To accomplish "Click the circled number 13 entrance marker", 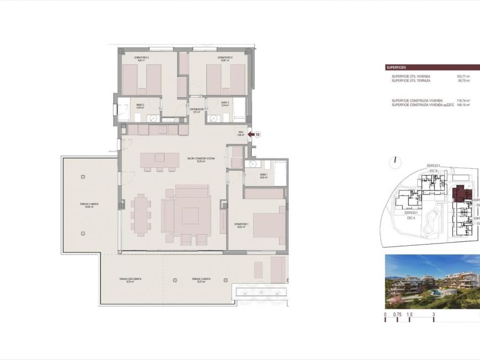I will (257, 134).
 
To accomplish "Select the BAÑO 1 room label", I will (263, 175).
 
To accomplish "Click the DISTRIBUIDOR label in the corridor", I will (197, 110).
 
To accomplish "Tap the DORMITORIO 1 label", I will (241, 225).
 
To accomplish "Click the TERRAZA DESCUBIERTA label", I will (130, 280).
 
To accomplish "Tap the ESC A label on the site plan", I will (410, 218).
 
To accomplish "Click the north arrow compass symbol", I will (396, 162).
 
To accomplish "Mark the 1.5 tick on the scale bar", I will (409, 314).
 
